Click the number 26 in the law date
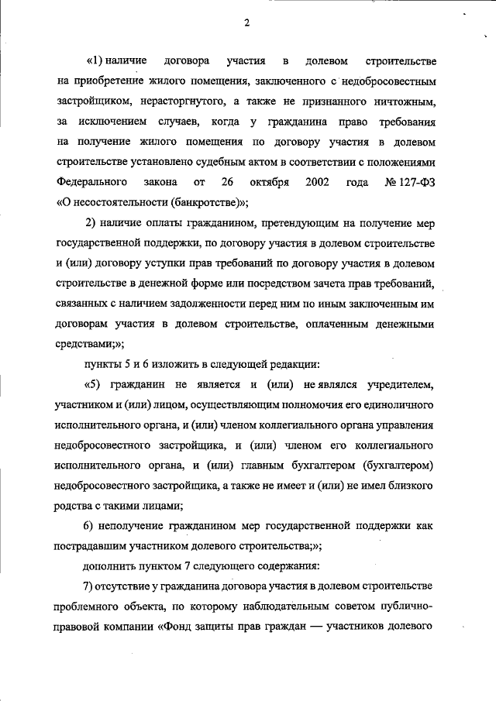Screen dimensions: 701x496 pyautogui.click(x=227, y=183)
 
